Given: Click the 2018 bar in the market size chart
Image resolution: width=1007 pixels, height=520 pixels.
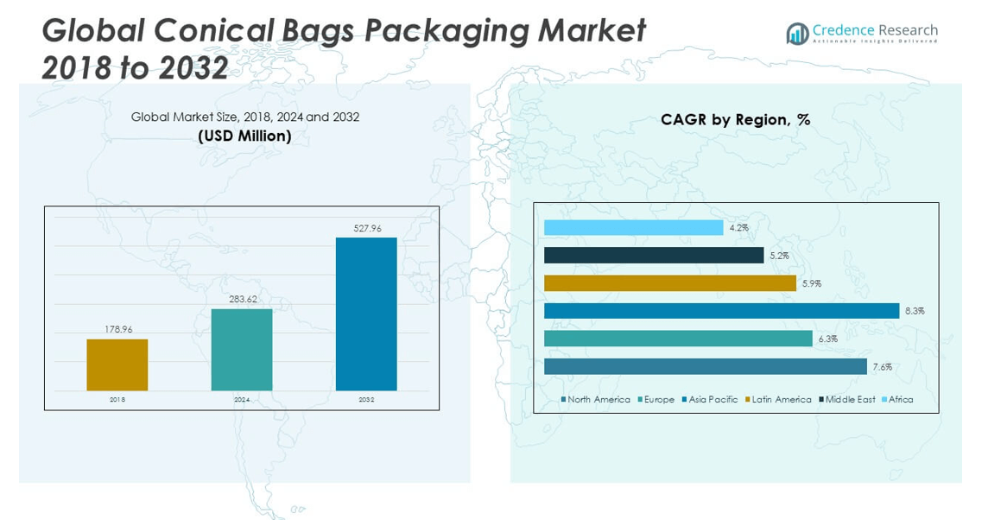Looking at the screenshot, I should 117,365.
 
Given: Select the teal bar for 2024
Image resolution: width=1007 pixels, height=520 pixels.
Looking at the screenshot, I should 242,349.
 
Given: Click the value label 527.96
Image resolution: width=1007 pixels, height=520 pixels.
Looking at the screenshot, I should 367,228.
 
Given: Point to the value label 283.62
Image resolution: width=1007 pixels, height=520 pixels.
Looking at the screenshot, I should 242,299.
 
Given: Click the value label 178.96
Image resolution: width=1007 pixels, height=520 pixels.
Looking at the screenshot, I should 117,329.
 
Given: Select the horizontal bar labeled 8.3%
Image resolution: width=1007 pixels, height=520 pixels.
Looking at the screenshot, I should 722,311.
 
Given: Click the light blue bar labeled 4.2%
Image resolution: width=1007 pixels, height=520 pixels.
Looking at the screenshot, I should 633,228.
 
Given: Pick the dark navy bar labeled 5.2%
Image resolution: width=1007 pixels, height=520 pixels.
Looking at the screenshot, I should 654,256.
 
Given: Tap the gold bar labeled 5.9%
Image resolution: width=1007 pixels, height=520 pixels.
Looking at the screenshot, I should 670,283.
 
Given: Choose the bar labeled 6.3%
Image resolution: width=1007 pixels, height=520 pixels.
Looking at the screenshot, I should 678,339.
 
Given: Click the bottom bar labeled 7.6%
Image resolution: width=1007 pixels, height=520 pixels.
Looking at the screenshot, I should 706,366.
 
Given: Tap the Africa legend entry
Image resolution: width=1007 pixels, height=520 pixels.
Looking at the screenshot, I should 901,399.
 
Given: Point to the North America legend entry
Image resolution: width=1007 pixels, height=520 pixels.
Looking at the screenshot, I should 598,399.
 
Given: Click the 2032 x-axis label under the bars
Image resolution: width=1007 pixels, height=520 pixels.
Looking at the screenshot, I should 366,400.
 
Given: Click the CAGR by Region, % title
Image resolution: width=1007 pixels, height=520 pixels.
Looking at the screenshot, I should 736,119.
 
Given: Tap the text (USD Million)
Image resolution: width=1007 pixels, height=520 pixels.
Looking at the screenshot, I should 244,136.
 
